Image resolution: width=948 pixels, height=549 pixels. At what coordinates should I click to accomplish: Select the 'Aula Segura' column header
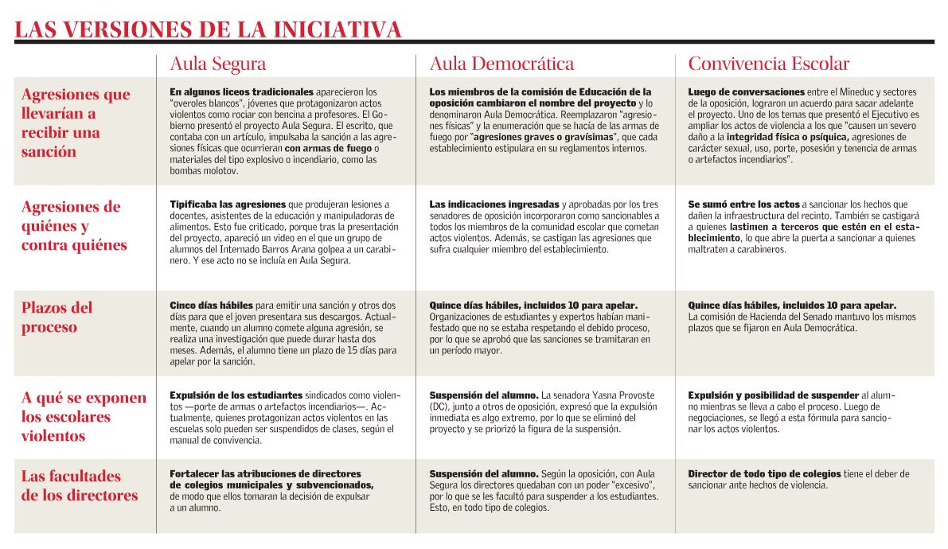[x=217, y=64]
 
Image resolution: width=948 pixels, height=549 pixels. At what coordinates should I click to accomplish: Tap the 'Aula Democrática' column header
[x=501, y=64]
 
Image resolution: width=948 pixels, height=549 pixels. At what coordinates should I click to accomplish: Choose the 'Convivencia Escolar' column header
[x=768, y=64]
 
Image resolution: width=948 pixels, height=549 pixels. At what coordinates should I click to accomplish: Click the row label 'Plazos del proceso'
[x=57, y=317]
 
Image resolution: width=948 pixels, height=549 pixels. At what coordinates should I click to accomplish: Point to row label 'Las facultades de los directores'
[x=80, y=485]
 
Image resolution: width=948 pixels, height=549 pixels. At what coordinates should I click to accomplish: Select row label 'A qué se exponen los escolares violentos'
[x=84, y=416]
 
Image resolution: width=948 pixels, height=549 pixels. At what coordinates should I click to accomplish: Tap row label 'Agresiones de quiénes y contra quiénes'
[x=74, y=226]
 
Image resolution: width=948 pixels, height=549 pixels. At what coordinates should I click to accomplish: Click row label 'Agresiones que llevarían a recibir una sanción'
[x=76, y=123]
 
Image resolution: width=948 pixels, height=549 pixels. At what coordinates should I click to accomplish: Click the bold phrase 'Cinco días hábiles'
[x=211, y=306]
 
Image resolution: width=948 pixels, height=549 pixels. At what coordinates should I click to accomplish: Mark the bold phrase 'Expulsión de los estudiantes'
[x=236, y=395]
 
